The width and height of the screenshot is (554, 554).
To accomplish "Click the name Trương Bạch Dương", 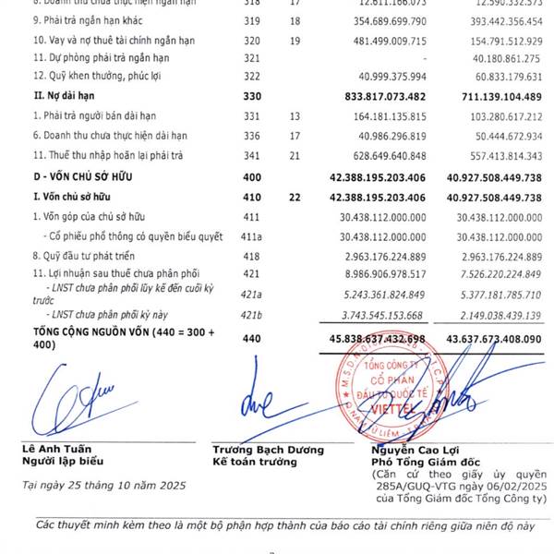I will click(262, 450).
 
